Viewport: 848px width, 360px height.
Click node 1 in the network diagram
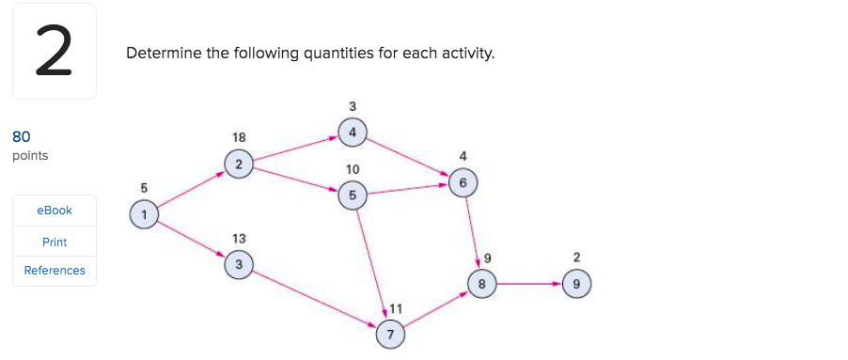click(x=144, y=212)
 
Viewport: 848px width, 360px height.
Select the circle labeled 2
click(x=239, y=164)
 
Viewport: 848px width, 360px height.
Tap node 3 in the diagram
click(x=239, y=266)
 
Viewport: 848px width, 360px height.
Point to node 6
click(x=463, y=182)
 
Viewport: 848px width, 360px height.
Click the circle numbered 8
click(x=482, y=282)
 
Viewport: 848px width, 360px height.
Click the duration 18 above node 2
click(x=239, y=138)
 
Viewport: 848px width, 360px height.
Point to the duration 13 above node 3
click(x=239, y=240)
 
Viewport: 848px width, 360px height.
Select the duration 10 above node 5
click(x=352, y=169)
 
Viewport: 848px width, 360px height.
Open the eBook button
click(x=55, y=210)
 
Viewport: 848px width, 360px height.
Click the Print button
click(x=55, y=242)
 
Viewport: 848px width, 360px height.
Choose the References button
click(x=55, y=271)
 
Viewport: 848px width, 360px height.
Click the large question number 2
click(x=55, y=53)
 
